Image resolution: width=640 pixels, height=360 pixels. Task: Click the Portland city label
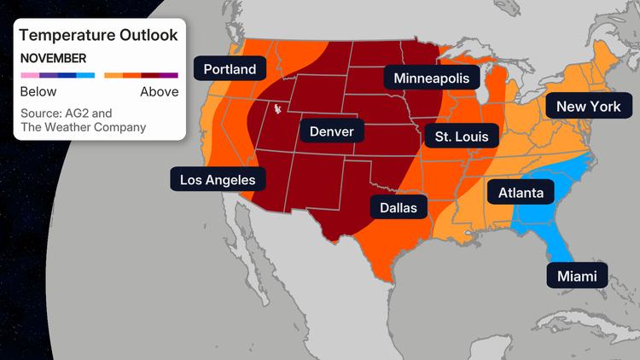click(230, 68)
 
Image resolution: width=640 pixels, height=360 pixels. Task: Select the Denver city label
click(331, 131)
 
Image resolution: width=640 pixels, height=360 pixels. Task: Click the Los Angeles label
click(218, 179)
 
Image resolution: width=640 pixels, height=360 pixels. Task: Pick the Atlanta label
click(521, 193)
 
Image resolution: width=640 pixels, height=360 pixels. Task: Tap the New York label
click(588, 107)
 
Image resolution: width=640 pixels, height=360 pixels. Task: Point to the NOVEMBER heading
click(53, 59)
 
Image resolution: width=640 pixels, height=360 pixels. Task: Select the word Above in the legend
click(160, 91)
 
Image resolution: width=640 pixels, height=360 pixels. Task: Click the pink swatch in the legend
click(29, 76)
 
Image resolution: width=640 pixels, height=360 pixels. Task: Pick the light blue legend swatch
click(85, 76)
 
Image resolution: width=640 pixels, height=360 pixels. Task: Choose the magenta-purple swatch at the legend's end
click(170, 76)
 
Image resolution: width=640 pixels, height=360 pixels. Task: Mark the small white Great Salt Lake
click(276, 109)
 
